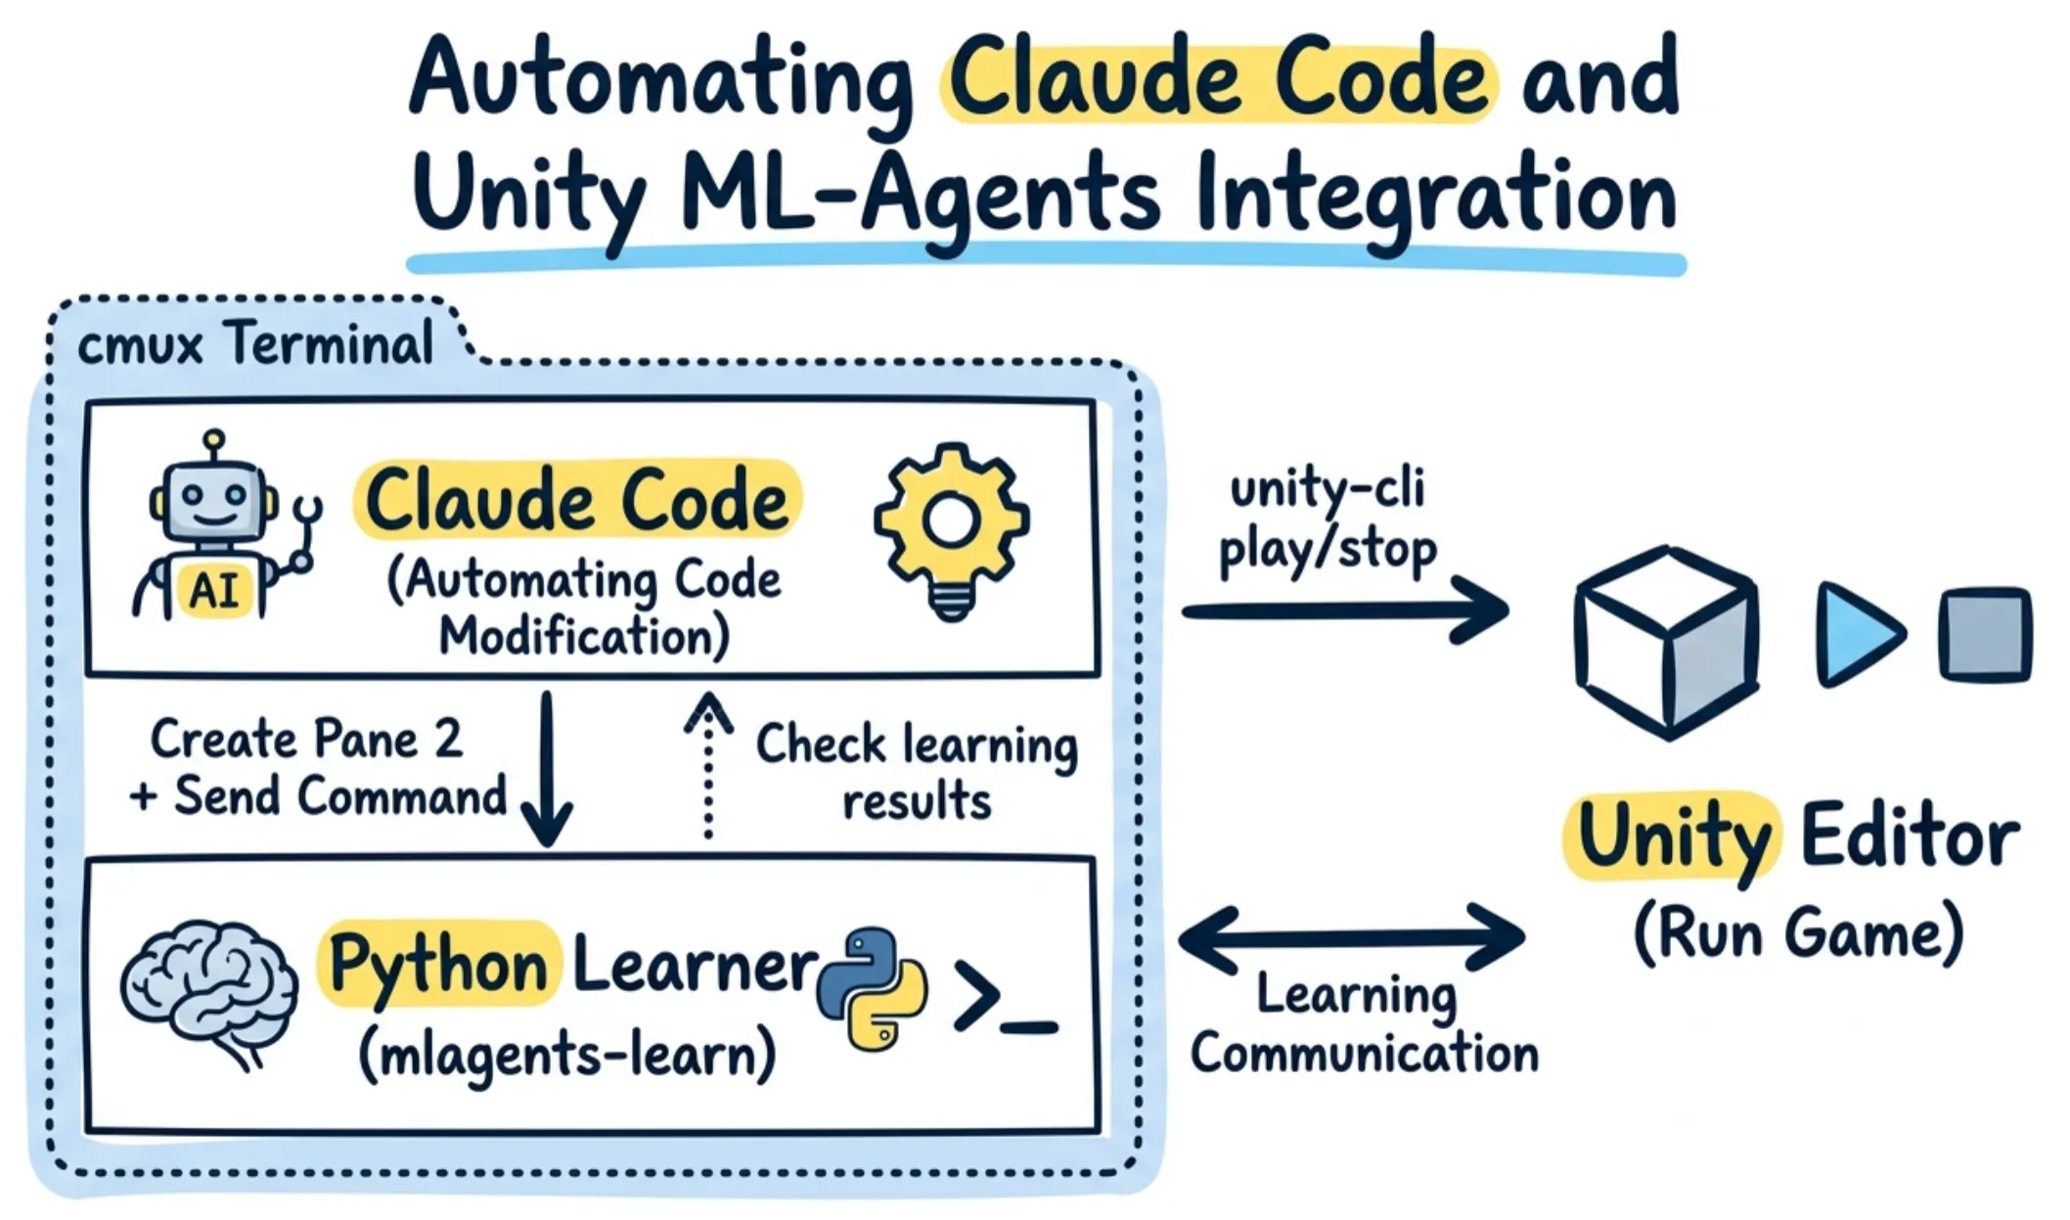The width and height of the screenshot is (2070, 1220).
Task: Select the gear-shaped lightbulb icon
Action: click(951, 530)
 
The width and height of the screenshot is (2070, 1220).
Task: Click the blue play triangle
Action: click(1858, 634)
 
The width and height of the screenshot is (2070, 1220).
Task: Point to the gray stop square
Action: click(1985, 633)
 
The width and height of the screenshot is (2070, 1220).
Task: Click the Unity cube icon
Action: click(1666, 642)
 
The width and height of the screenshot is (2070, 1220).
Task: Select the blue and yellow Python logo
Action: click(872, 989)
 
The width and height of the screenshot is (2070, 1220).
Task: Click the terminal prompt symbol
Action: click(1005, 998)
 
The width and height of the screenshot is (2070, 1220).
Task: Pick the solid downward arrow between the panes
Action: click(547, 769)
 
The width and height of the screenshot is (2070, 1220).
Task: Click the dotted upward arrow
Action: click(709, 765)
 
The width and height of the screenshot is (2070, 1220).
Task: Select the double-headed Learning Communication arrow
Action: click(1351, 936)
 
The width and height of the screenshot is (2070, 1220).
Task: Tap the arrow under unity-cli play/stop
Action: click(1346, 610)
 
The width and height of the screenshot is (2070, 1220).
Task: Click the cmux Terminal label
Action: click(255, 344)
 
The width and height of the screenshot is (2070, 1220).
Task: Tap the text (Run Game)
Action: click(1798, 933)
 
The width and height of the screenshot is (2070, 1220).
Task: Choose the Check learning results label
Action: click(917, 772)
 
